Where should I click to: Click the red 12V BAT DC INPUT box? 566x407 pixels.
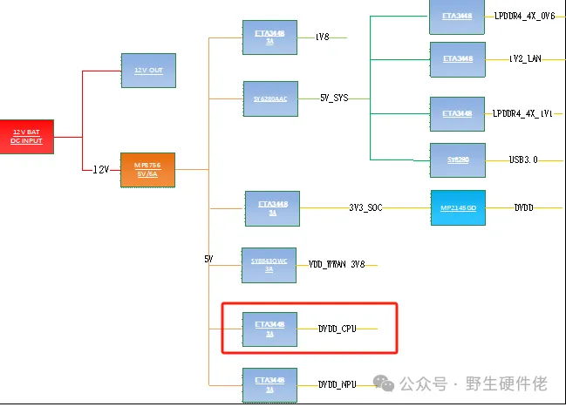tap(27, 136)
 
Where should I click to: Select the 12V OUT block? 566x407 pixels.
tap(148, 70)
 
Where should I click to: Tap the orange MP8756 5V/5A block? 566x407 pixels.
tap(147, 169)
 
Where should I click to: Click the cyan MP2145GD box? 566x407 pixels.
tap(458, 207)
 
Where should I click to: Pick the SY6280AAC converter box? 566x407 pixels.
tap(269, 98)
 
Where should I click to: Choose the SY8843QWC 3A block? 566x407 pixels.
tap(269, 265)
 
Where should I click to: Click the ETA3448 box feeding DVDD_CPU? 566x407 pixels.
tap(269, 329)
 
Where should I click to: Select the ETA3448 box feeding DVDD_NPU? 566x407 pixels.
tap(269, 383)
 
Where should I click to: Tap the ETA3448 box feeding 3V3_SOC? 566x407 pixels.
tap(272, 208)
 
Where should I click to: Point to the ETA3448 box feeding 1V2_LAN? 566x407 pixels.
tap(457, 58)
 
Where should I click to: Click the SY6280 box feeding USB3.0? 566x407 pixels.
tap(457, 160)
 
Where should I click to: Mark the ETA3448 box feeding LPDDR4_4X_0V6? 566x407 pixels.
tap(457, 17)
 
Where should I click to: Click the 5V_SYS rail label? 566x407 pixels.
tap(334, 98)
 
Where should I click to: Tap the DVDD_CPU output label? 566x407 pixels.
tap(337, 329)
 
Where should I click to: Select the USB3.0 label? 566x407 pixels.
tap(523, 160)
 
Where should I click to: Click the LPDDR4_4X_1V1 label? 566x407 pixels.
tap(523, 114)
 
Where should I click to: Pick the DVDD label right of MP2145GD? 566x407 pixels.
tap(523, 207)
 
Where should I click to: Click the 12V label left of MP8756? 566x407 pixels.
tap(101, 169)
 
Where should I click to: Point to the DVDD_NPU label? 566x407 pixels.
tap(337, 383)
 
